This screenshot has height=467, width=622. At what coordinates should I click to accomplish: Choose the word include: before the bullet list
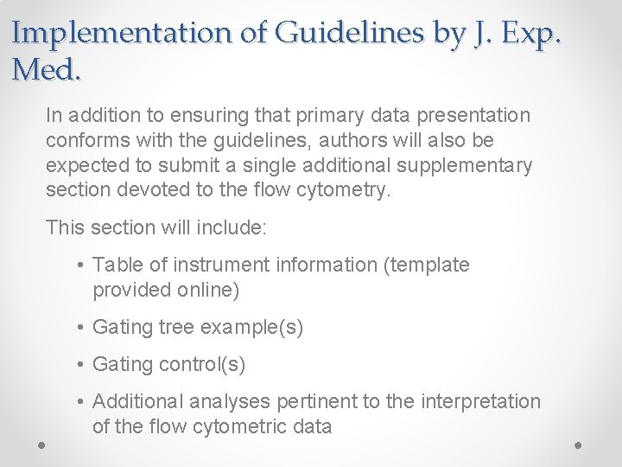point(230,227)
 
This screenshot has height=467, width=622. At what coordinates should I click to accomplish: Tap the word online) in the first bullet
point(208,290)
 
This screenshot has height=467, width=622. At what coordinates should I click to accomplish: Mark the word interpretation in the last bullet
point(480,402)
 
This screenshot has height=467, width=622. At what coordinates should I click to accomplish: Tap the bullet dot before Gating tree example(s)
point(79,328)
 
